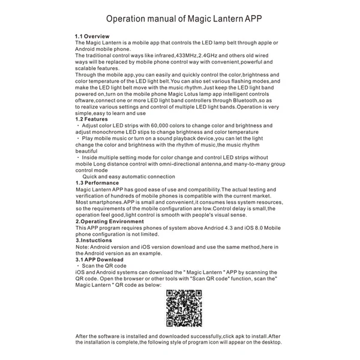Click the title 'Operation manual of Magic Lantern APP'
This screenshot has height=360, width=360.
coord(179,18)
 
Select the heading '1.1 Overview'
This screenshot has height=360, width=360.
coord(92,37)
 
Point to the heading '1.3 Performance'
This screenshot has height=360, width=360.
coord(97,182)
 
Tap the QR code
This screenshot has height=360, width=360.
coord(184,308)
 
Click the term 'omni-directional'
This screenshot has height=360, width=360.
coord(187,164)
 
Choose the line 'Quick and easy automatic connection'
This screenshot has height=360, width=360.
coord(128,176)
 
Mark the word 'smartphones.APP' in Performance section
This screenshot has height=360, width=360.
coord(104,202)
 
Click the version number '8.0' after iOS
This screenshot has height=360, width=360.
coord(252,228)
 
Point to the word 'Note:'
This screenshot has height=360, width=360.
coord(83,247)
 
